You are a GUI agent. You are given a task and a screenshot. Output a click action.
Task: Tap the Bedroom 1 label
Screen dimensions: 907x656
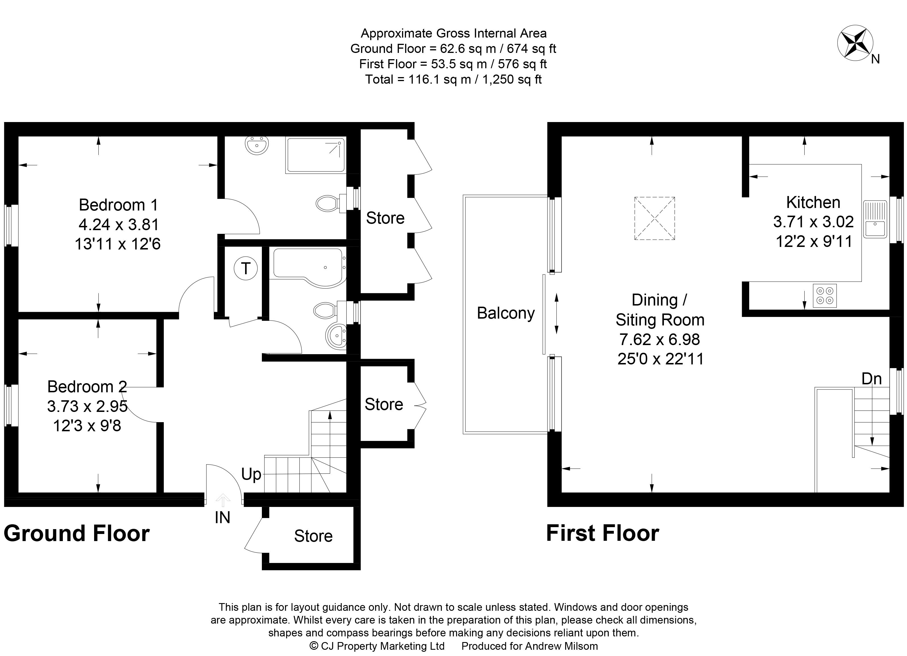pyautogui.click(x=118, y=205)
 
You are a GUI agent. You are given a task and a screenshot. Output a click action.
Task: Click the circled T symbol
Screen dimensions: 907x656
pyautogui.click(x=246, y=268)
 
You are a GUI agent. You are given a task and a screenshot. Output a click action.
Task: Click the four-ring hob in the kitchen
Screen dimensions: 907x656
pyautogui.click(x=824, y=296)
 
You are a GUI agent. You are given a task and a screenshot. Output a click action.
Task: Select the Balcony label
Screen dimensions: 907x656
pyautogui.click(x=506, y=313)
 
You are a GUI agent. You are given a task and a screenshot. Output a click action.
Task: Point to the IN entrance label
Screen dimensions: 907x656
pyautogui.click(x=222, y=518)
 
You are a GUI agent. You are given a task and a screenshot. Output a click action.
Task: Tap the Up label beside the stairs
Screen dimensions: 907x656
pyautogui.click(x=251, y=475)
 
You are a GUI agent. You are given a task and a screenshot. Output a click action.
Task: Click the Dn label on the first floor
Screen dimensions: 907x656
pyautogui.click(x=872, y=378)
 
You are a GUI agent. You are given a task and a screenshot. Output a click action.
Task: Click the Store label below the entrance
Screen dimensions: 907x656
pyautogui.click(x=313, y=536)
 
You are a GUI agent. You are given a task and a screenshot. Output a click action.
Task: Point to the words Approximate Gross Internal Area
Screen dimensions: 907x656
pyautogui.click(x=454, y=33)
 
